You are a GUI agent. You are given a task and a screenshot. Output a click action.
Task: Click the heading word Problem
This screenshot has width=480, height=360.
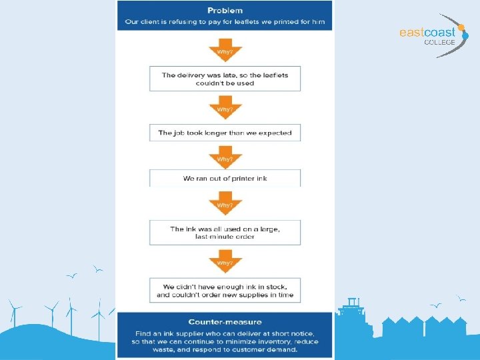point(225,11)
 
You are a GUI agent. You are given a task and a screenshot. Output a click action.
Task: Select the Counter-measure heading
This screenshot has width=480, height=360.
point(225,322)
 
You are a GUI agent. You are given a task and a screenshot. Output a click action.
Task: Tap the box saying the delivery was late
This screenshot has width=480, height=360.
point(225,79)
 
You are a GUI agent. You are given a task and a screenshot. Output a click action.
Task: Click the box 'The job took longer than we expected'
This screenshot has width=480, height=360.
point(225,133)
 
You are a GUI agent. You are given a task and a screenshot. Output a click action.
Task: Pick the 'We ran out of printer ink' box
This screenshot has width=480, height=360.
point(225,178)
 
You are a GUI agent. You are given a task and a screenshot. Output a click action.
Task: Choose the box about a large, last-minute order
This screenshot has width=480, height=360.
point(225,233)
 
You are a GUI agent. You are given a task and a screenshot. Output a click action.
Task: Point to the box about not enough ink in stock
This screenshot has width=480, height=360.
point(225,290)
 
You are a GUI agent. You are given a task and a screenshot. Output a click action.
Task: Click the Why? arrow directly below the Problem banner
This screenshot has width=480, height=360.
point(225,50)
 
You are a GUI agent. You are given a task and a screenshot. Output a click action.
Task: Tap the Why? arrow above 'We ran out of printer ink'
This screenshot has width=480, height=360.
point(225,157)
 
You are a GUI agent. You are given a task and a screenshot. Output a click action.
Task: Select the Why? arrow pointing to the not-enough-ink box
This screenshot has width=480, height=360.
point(225,261)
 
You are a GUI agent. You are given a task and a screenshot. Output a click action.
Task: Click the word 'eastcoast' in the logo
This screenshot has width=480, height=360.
point(427,32)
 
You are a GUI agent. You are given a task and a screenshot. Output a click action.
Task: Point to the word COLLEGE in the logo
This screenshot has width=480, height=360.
point(439,42)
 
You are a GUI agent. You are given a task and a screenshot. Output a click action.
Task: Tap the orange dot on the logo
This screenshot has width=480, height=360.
point(461,27)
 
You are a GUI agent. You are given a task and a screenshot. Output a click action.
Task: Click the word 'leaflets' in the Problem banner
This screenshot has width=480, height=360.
point(247,22)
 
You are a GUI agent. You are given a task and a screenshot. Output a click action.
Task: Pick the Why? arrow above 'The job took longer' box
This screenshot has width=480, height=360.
point(225,107)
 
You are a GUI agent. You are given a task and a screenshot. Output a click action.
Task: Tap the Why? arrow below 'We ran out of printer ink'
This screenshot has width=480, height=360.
point(225,203)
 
